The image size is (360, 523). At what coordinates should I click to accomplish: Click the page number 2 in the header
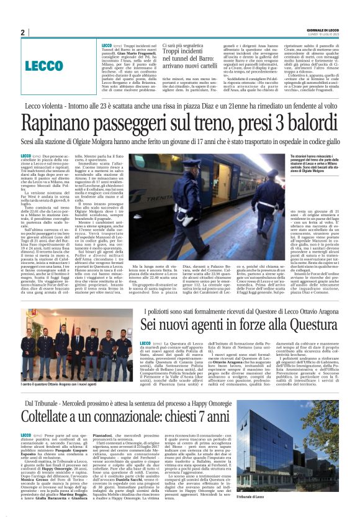pyautogui.click(x=22, y=32)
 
